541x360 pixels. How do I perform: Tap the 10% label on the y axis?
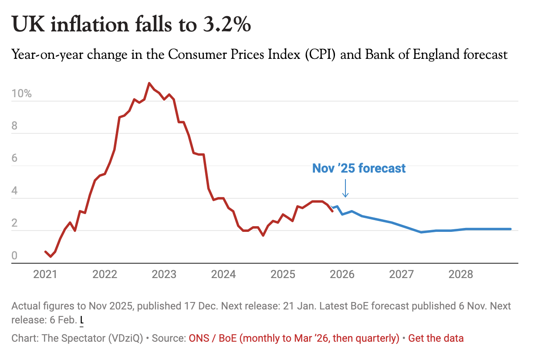[21, 94]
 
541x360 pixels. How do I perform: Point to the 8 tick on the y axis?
[15, 126]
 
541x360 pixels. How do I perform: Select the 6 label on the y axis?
[15, 159]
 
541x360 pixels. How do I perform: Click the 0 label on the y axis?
[15, 256]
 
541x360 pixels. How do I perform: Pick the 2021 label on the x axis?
[45, 275]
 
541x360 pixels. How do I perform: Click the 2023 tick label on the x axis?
[164, 275]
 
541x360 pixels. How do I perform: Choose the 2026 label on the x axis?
[342, 275]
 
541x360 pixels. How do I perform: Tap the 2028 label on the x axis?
[461, 275]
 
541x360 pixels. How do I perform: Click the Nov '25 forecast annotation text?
[359, 168]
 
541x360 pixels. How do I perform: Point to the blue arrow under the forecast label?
[345, 189]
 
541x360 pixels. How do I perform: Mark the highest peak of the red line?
[149, 83]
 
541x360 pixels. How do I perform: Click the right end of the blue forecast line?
[510, 229]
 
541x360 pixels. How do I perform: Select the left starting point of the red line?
[45, 251]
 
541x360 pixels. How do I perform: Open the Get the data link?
[436, 338]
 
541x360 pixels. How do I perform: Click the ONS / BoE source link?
[294, 338]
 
